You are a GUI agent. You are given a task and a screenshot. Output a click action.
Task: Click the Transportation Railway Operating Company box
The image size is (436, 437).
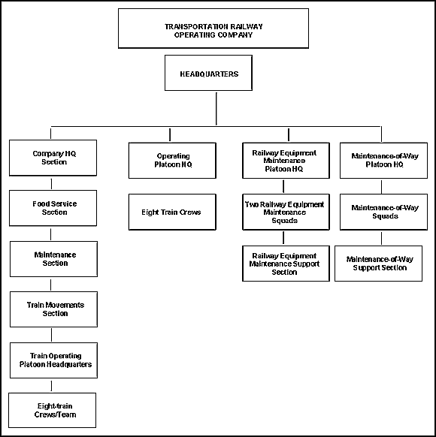(213, 29)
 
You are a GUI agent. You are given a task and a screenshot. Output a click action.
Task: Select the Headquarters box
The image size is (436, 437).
(208, 73)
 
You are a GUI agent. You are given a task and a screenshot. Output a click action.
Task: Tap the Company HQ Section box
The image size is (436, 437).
(53, 158)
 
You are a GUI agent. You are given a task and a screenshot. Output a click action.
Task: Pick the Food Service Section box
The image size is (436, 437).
(53, 208)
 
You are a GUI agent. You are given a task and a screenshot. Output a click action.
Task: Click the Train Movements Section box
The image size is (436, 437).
(53, 309)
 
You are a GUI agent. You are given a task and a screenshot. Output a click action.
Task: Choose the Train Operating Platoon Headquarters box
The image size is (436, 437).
(53, 360)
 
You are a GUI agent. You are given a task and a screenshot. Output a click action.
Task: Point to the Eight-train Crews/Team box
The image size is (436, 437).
(52, 410)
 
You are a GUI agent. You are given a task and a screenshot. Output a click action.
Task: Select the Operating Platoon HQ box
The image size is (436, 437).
(172, 161)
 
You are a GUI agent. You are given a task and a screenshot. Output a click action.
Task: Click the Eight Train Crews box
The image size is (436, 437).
(172, 212)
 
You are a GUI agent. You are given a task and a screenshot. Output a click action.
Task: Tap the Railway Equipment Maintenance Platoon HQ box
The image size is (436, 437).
(286, 161)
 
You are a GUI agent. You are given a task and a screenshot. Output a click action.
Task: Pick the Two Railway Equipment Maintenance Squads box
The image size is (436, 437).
(286, 212)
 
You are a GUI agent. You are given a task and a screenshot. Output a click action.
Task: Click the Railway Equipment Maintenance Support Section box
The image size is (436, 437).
(286, 264)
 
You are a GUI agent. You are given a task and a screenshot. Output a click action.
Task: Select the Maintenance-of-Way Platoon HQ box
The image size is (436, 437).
(383, 161)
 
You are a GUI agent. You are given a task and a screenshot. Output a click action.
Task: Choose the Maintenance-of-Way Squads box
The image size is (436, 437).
(383, 212)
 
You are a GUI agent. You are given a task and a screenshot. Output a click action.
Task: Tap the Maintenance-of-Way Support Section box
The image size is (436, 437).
(379, 264)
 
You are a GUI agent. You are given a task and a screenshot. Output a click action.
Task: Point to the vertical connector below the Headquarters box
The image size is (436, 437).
(216, 109)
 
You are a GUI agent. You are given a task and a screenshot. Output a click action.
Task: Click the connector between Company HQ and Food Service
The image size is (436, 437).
(51, 184)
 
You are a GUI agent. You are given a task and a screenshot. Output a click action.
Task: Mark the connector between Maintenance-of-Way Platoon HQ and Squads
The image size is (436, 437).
(382, 187)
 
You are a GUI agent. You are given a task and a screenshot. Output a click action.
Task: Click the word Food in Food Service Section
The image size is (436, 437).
(39, 203)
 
